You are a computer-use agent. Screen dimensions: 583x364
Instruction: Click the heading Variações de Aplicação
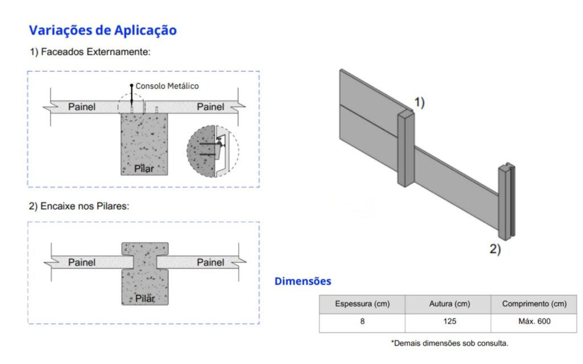(102, 31)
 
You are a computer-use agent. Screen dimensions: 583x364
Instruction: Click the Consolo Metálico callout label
(167, 86)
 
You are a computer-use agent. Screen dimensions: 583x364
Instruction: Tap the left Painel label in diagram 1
(82, 107)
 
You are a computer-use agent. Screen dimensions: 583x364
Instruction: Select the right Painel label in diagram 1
(211, 107)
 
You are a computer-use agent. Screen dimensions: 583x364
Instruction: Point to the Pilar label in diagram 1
(144, 168)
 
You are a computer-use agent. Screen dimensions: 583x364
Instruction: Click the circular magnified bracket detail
(213, 151)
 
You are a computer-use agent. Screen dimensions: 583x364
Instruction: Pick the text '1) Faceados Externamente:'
(91, 52)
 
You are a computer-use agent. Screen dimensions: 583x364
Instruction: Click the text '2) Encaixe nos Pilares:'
(79, 206)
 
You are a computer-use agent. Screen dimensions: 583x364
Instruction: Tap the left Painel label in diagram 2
(82, 263)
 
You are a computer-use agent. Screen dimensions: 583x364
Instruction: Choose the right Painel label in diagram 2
(211, 263)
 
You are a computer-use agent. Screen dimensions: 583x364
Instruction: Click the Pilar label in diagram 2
(145, 299)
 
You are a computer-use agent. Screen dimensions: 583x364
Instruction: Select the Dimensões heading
(303, 281)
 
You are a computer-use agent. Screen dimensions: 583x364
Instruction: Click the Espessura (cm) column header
(362, 304)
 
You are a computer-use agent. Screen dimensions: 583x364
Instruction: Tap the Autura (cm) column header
(450, 304)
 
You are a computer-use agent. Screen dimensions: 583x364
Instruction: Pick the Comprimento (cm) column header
(534, 304)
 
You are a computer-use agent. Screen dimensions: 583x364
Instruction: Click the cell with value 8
(362, 322)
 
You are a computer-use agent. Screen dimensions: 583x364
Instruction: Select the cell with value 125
(450, 322)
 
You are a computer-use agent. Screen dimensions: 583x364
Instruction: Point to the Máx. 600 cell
(534, 322)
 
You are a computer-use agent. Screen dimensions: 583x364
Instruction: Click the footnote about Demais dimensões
(450, 343)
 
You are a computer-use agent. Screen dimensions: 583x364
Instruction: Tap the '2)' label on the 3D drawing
(495, 249)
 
